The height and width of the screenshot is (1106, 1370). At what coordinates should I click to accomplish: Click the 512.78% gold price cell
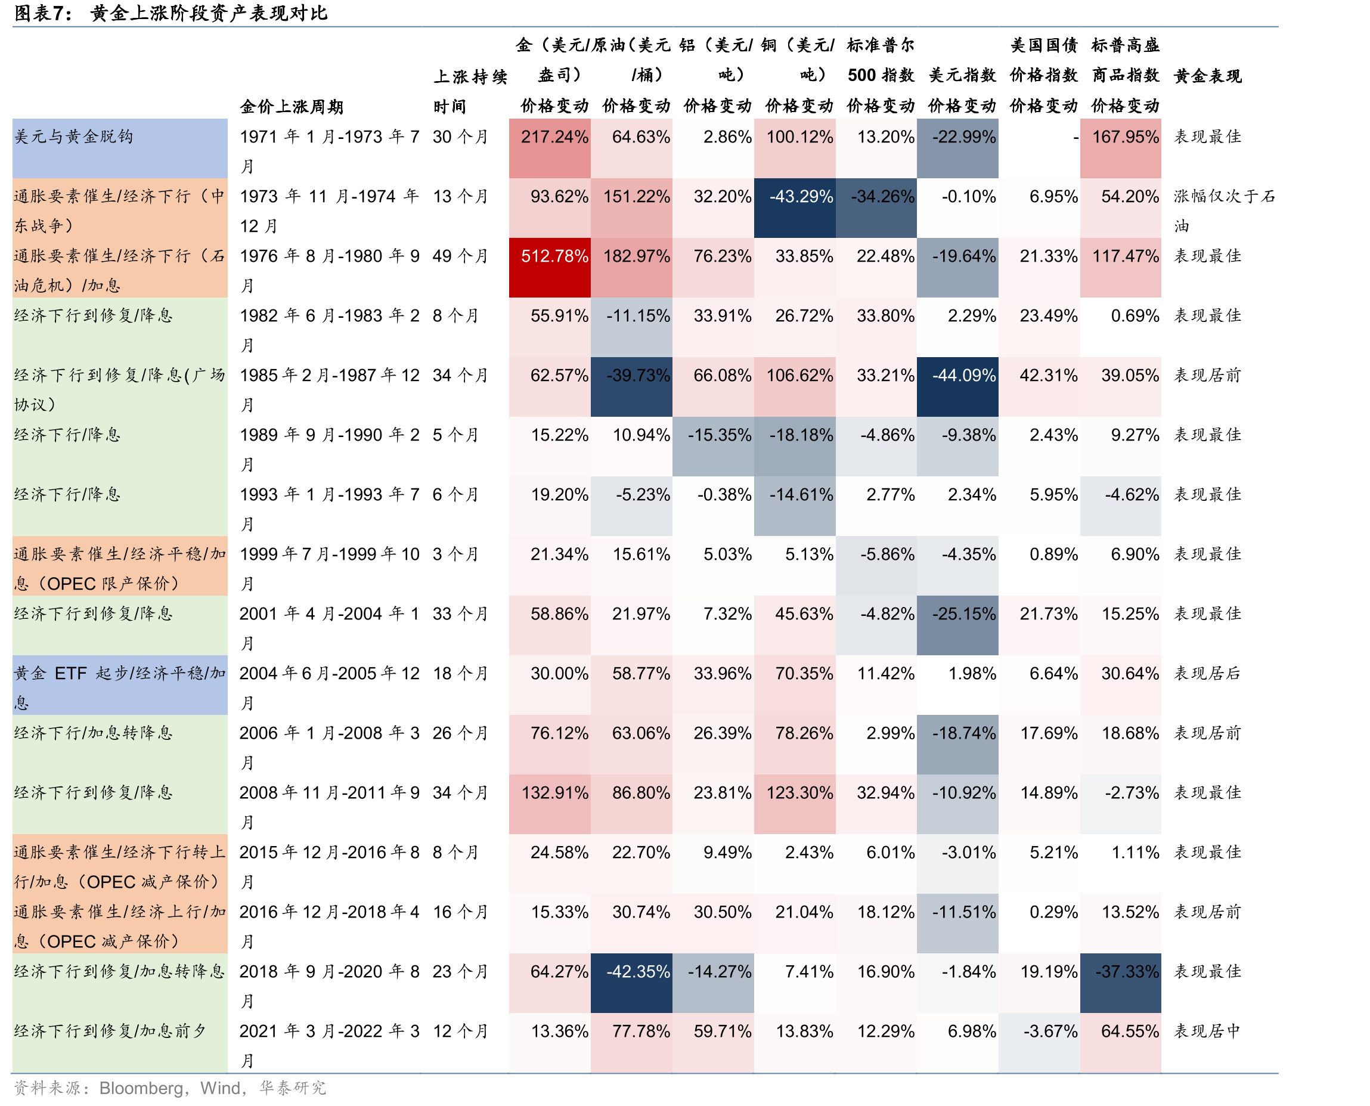[x=550, y=268]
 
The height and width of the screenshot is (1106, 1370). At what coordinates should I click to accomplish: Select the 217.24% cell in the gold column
[x=550, y=148]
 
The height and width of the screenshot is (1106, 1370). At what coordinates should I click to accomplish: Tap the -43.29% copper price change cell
[x=794, y=208]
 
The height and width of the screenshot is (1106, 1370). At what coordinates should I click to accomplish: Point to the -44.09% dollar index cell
[x=957, y=387]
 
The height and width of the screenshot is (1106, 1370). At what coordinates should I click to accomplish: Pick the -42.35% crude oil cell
[x=631, y=983]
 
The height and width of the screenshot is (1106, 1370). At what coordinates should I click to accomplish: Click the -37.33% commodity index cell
[x=1120, y=983]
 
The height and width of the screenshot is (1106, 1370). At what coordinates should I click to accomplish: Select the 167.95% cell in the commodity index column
[x=1120, y=148]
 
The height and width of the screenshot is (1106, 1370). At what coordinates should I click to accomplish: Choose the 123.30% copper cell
[x=794, y=804]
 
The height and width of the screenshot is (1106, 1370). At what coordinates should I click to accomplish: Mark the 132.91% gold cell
[x=550, y=804]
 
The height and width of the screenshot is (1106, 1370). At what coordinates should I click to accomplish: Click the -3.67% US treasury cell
[x=1039, y=1043]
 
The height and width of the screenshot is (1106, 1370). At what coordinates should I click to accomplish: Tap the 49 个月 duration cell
[x=460, y=256]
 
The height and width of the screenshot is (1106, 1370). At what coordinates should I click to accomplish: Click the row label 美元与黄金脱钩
[x=74, y=137]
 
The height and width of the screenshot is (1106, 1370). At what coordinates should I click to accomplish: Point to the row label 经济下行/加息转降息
[x=94, y=733]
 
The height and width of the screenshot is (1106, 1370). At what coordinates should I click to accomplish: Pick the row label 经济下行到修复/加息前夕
[x=110, y=1031]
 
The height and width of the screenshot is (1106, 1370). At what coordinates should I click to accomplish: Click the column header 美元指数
[x=962, y=75]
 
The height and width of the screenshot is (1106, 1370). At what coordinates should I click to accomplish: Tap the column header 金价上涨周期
[x=291, y=106]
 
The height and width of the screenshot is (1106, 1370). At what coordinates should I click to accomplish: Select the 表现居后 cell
[x=1208, y=673]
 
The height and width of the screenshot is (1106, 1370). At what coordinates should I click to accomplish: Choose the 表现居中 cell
[x=1208, y=1031]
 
